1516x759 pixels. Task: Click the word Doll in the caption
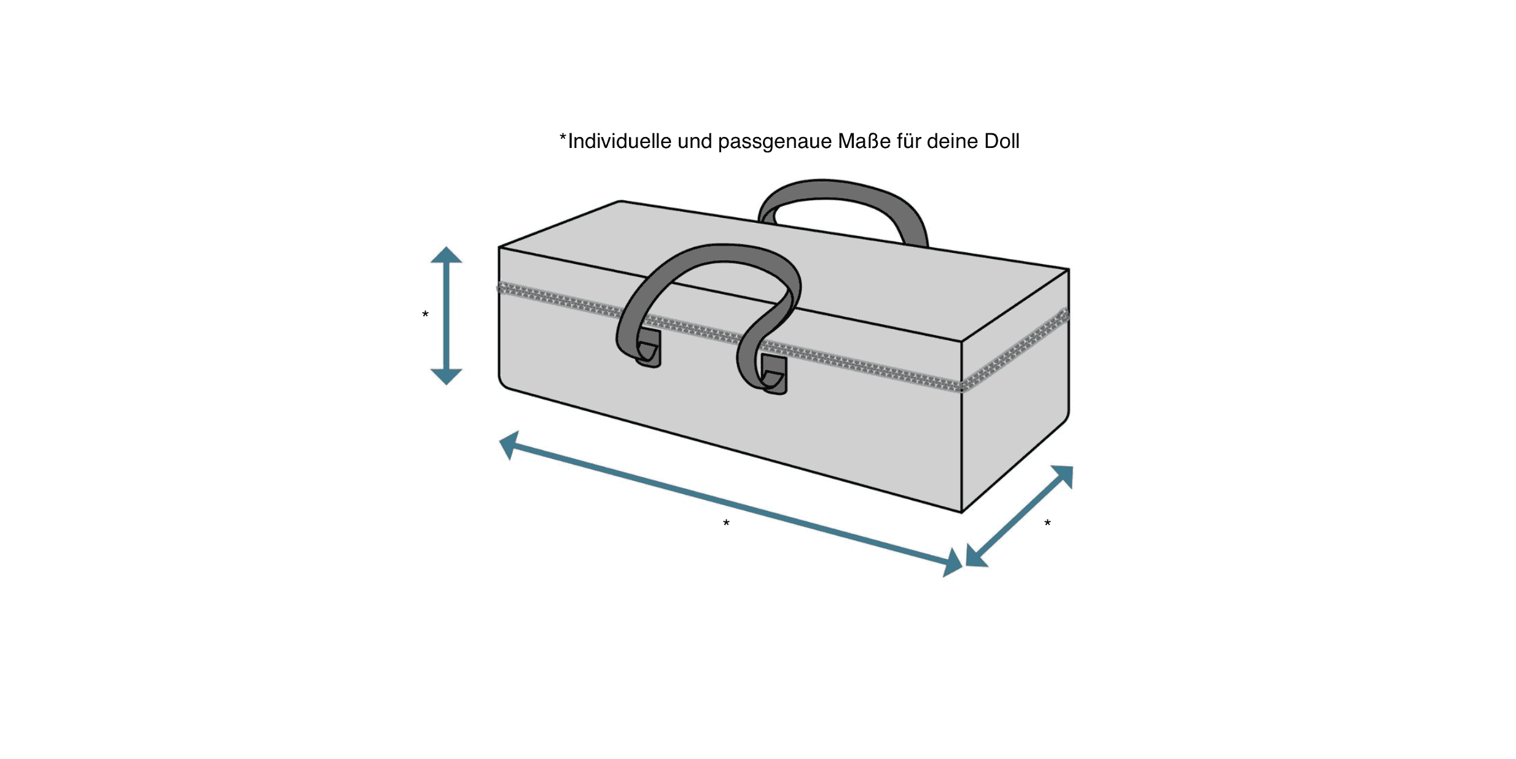point(1002,141)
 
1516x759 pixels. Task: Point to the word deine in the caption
point(952,141)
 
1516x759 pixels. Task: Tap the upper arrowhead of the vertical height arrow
point(446,255)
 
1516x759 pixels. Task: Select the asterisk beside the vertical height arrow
point(425,314)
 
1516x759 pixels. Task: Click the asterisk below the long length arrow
point(726,523)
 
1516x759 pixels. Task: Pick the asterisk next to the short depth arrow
point(1047,523)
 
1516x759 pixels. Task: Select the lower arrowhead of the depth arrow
point(976,556)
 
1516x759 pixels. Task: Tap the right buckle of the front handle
point(774,373)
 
